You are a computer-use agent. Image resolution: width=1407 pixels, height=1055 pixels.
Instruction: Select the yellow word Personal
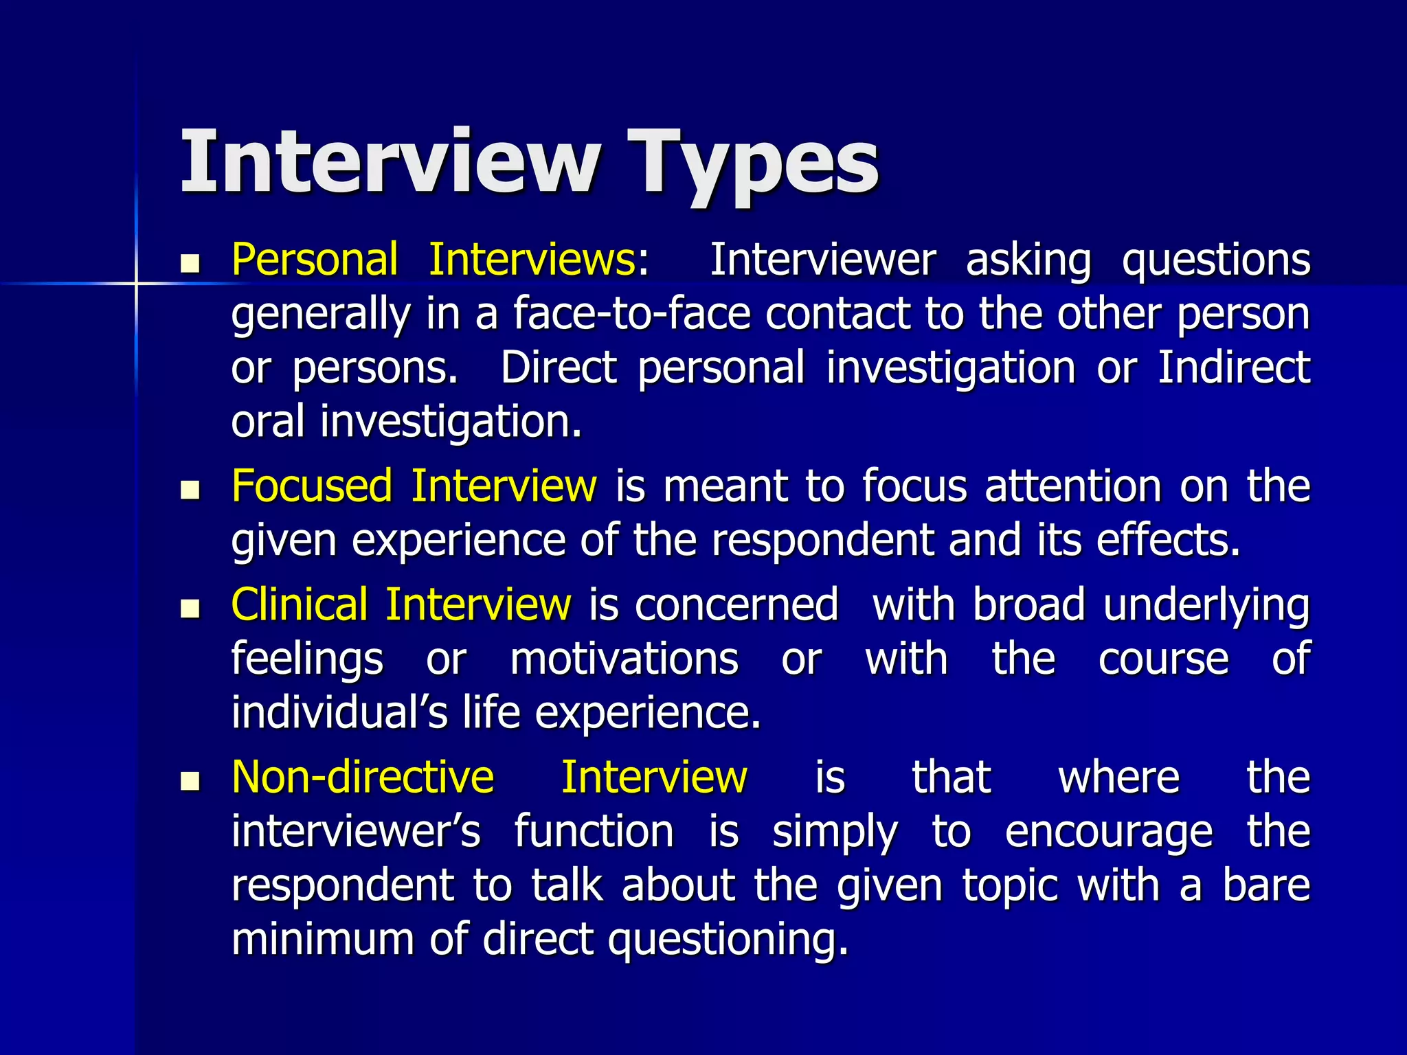[x=315, y=260]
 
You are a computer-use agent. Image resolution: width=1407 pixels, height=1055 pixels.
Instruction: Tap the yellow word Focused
[x=312, y=486]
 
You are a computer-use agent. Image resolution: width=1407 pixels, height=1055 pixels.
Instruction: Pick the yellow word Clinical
[x=300, y=605]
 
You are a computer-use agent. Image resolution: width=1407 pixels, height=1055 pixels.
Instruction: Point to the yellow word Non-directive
[x=363, y=778]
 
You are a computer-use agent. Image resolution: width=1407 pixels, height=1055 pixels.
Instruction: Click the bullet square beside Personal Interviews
[x=190, y=264]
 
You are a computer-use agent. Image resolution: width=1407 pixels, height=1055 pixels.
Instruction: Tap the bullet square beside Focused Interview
[x=190, y=490]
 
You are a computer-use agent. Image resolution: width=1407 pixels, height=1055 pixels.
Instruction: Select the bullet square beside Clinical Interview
[x=190, y=609]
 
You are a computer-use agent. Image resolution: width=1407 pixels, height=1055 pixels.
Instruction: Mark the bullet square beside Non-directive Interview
[x=190, y=781]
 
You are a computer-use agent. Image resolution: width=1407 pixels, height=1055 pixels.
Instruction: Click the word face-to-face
[x=632, y=314]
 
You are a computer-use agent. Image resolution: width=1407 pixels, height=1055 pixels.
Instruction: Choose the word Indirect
[x=1234, y=367]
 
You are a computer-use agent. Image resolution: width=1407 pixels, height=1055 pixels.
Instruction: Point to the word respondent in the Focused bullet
[x=822, y=541]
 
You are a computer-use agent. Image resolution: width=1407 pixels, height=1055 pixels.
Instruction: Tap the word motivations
[x=624, y=659]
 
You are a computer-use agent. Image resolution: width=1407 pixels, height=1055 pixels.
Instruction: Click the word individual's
[x=339, y=713]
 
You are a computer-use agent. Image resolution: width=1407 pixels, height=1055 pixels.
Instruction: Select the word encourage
[x=1109, y=832]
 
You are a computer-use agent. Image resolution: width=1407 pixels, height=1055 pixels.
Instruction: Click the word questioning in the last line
[x=728, y=940]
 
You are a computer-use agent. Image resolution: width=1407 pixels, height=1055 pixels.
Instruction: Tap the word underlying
[x=1207, y=606]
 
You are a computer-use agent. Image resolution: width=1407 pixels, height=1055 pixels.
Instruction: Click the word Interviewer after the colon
[x=822, y=260]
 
